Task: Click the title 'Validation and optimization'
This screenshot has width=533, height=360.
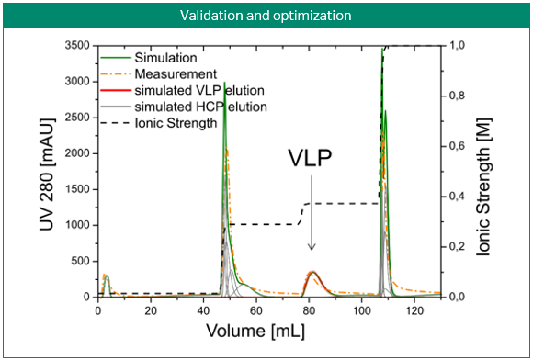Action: tap(266, 15)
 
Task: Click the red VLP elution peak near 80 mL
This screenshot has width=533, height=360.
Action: tap(313, 273)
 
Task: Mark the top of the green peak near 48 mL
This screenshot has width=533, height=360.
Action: tap(224, 83)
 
